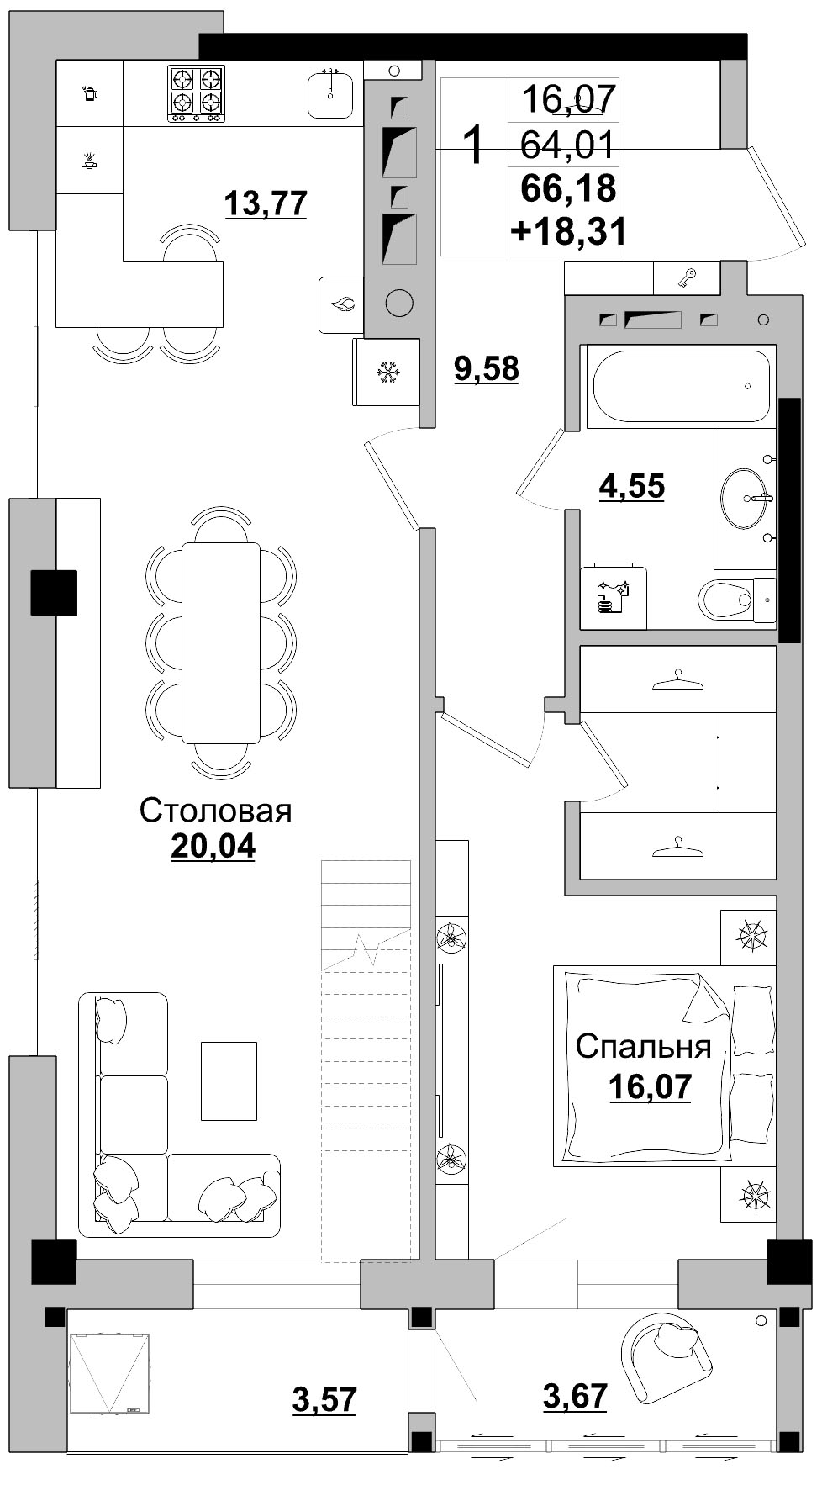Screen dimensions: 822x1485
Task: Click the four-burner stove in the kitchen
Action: (196, 93)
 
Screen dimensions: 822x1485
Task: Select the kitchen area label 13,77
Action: (266, 203)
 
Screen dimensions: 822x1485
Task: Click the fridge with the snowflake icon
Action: (387, 372)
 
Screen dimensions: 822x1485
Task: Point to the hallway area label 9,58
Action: (487, 368)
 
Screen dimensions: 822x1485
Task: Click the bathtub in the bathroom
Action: (681, 386)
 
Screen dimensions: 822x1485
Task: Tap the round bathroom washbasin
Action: (745, 499)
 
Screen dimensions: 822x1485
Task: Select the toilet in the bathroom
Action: (735, 600)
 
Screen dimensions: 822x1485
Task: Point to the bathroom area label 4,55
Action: (631, 486)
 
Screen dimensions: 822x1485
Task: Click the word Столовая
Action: (215, 811)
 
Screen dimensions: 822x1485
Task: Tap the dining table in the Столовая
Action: (221, 643)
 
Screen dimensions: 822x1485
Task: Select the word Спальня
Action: (644, 1047)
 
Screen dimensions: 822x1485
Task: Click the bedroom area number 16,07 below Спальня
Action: (650, 1086)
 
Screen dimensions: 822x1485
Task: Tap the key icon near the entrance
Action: (688, 277)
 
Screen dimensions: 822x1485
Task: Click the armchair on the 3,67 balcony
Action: (666, 1358)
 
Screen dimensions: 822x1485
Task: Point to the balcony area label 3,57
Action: (324, 1399)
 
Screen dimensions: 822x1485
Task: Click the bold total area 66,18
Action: (569, 188)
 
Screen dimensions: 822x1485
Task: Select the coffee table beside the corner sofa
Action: (229, 1081)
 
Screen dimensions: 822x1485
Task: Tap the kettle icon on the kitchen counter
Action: (89, 92)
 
